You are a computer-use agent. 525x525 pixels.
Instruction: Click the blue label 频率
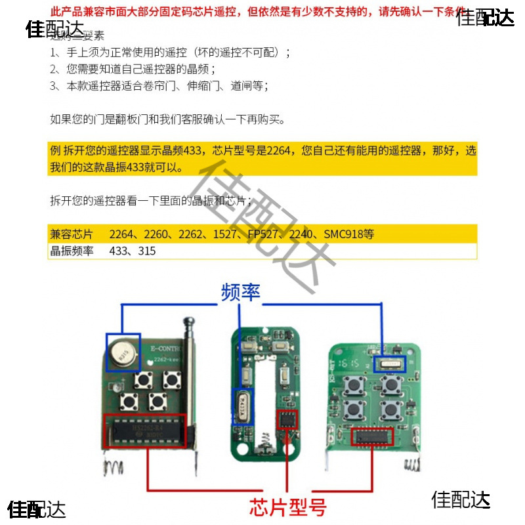point(241,292)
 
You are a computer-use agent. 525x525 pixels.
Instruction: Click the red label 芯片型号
point(287,507)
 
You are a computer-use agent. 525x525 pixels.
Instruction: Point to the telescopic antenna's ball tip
point(190,322)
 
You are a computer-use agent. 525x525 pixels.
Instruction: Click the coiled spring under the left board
point(114,467)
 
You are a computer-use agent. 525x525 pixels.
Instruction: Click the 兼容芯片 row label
point(72,234)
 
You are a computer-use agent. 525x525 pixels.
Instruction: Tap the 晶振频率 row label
point(72,251)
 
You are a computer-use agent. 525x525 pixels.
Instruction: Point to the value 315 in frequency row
point(147,251)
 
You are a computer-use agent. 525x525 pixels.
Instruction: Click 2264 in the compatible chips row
point(122,234)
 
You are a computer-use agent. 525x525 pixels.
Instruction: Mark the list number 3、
point(56,86)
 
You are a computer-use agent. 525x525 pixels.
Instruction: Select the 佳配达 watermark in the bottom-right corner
point(461,500)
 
